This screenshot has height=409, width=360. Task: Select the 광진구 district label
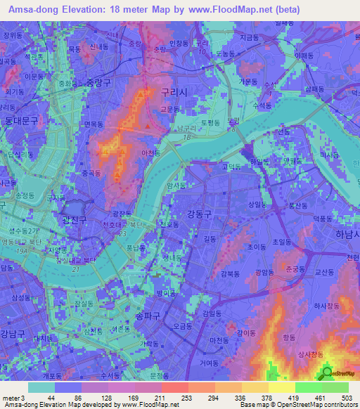point(74,220)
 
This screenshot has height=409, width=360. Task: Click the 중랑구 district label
point(99,82)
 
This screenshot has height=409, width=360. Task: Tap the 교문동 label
point(171,108)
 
